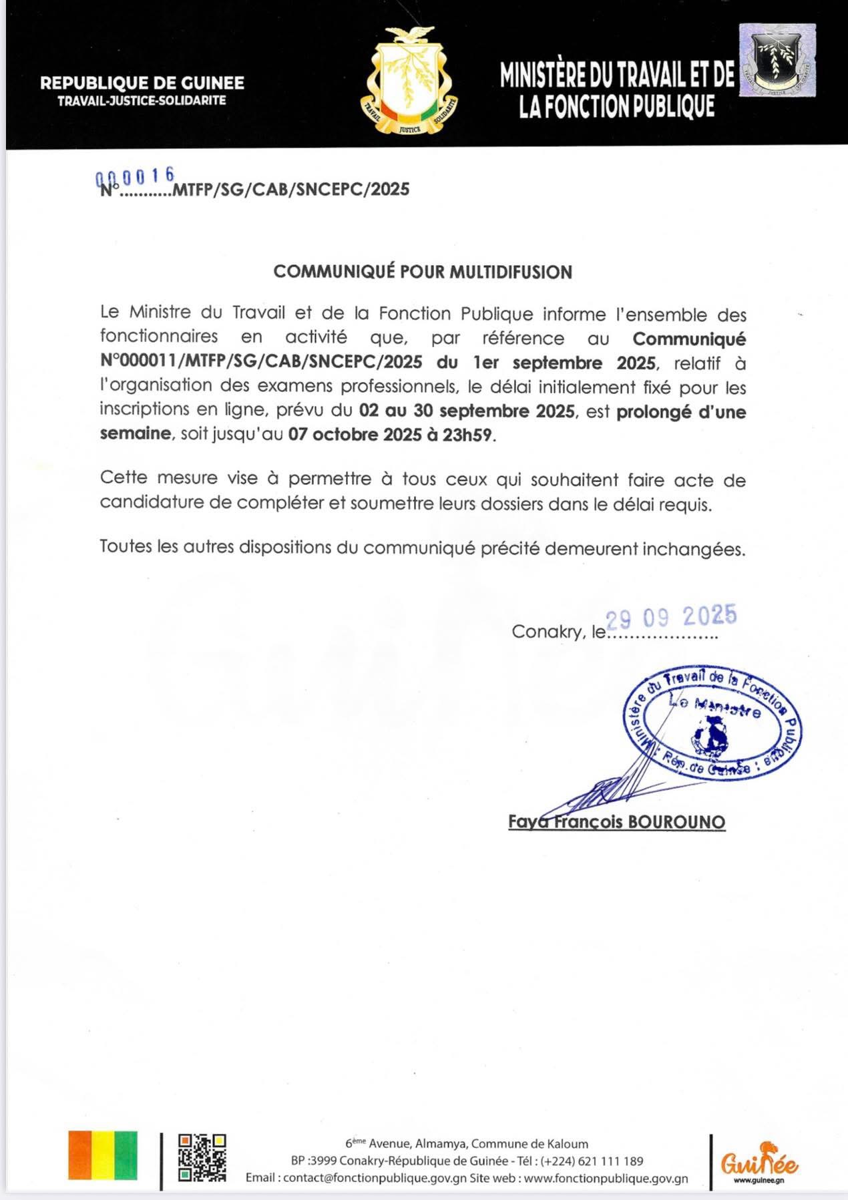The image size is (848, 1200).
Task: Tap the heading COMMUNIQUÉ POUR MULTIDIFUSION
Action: [423, 272]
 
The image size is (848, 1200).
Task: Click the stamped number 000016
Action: [136, 176]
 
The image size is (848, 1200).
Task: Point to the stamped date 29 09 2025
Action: [670, 616]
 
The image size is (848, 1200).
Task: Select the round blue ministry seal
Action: [712, 722]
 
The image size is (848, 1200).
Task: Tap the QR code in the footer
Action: [202, 1157]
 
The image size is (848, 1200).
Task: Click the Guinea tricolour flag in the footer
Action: [103, 1155]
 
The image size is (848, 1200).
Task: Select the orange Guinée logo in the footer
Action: [759, 1162]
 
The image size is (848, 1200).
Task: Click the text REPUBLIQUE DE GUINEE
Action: [142, 83]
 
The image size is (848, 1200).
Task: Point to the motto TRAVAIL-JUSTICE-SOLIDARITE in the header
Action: [142, 101]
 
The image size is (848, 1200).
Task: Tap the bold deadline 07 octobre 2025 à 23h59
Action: [391, 435]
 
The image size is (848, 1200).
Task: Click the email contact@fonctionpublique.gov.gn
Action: [375, 1178]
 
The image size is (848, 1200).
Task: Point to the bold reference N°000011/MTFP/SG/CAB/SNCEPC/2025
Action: [261, 363]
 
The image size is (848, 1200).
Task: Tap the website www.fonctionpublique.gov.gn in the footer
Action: [606, 1178]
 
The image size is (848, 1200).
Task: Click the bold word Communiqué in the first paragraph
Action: [689, 339]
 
